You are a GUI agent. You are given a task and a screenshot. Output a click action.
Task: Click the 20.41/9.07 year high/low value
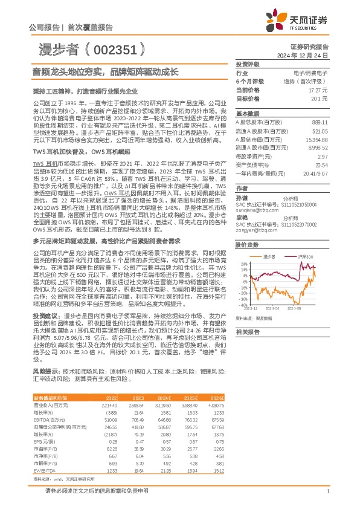pos(317,172)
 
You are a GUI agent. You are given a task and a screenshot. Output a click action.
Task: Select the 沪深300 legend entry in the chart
pos(306,257)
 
